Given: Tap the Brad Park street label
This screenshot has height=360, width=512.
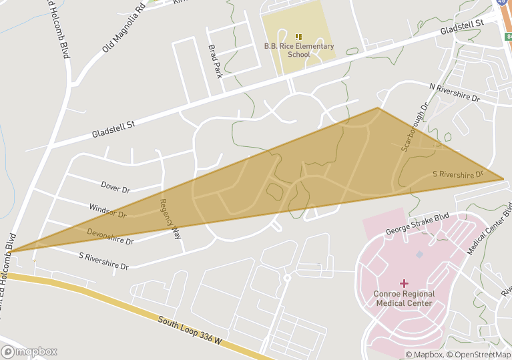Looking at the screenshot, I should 216,61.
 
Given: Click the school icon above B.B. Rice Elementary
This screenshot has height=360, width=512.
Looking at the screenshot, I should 298,36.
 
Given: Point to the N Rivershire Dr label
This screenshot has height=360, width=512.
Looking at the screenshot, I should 455,93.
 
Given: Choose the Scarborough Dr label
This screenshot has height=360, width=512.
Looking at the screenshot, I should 414,127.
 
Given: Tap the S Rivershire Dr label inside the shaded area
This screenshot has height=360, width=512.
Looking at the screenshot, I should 458,174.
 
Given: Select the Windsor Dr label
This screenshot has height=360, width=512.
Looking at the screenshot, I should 107,212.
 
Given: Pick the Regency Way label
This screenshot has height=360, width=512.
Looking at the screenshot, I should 169,219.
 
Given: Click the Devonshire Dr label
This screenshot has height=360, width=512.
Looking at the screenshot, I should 110,236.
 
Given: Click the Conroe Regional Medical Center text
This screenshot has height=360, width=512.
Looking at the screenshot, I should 405,299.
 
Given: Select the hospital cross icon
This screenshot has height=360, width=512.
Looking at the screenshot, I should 405,283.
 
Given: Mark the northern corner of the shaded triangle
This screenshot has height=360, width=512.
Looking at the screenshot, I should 378,108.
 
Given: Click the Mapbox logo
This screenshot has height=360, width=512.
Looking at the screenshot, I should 30,351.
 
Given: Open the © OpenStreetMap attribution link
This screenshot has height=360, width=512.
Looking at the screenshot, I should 479,355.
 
